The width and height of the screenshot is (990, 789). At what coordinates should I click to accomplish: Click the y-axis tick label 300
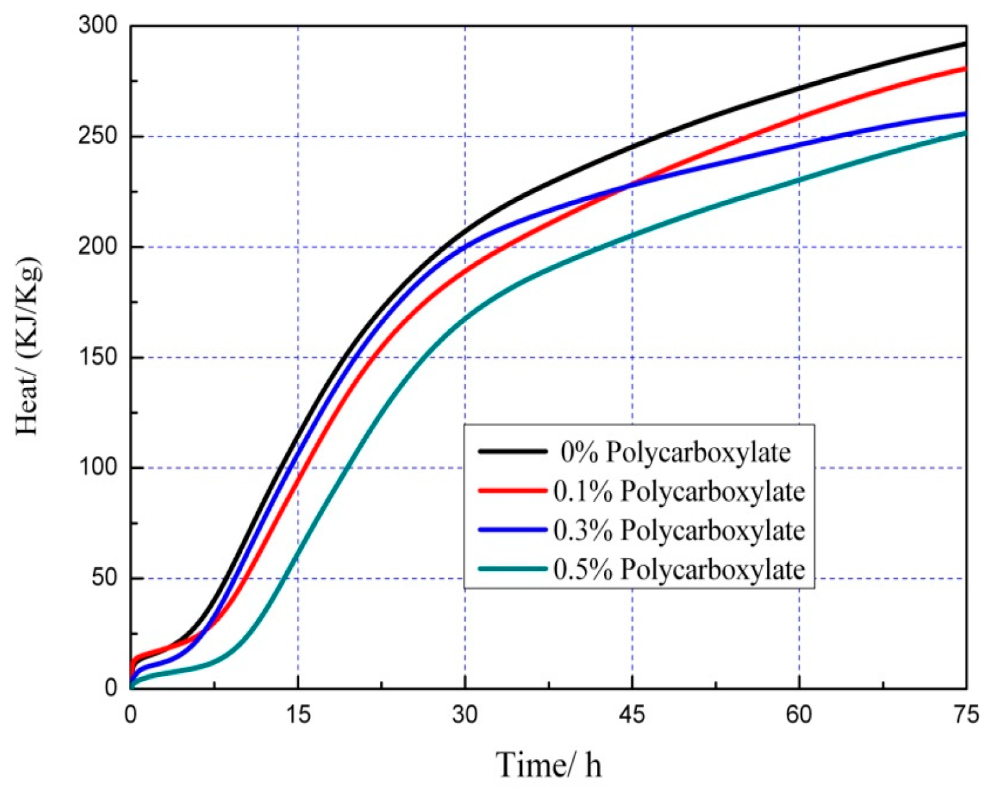pyautogui.click(x=98, y=26)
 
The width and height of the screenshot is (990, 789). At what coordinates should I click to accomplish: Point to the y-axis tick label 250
pyautogui.click(x=98, y=136)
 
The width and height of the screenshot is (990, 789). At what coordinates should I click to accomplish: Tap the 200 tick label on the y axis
pyautogui.click(x=98, y=247)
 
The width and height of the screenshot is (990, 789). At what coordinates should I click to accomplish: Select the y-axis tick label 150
pyautogui.click(x=98, y=358)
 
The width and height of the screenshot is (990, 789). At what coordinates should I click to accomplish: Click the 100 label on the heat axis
pyautogui.click(x=98, y=468)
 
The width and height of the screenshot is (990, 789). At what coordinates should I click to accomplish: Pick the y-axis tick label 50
pyautogui.click(x=103, y=578)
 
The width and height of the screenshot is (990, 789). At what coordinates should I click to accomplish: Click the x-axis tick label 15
pyautogui.click(x=297, y=715)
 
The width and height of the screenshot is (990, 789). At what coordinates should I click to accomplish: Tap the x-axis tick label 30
pyautogui.click(x=464, y=715)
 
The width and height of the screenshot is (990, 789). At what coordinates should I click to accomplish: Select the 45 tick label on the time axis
pyautogui.click(x=632, y=715)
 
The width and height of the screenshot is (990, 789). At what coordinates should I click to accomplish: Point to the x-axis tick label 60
pyautogui.click(x=799, y=715)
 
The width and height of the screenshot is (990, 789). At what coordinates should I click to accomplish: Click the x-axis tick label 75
pyautogui.click(x=965, y=715)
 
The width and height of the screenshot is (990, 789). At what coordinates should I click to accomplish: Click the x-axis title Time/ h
pyautogui.click(x=548, y=765)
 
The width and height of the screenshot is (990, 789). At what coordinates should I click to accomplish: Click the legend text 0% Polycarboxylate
pyautogui.click(x=675, y=452)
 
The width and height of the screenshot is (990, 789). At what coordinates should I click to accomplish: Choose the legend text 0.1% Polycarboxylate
pyautogui.click(x=679, y=492)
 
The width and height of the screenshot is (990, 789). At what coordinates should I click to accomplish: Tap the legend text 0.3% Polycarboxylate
pyautogui.click(x=679, y=530)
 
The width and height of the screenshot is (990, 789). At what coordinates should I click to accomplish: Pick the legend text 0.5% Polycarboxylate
pyautogui.click(x=679, y=570)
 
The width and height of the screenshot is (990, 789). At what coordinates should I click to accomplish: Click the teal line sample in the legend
pyautogui.click(x=512, y=569)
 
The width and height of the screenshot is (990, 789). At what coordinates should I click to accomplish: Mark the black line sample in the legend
pyautogui.click(x=512, y=451)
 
